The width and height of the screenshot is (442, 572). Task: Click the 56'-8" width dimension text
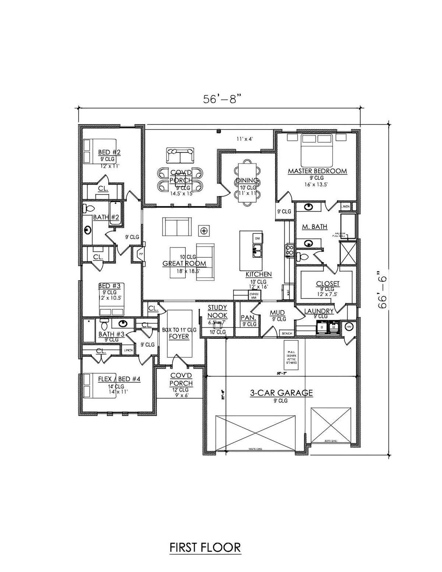[x=220, y=99]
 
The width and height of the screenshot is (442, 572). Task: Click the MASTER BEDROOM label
[x=317, y=171]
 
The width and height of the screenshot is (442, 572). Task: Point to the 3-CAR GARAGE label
[x=281, y=393]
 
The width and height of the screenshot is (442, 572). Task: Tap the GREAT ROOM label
[x=184, y=264]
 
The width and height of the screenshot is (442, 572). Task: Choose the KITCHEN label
[x=259, y=274]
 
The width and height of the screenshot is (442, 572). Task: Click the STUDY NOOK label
[x=217, y=312]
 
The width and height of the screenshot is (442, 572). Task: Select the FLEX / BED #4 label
[x=119, y=379]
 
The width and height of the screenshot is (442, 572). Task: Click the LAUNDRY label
[x=319, y=311]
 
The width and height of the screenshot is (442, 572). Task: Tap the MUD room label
[x=277, y=313]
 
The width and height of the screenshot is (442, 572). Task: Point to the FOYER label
[x=179, y=336]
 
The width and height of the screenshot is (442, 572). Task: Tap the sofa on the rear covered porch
[x=180, y=155]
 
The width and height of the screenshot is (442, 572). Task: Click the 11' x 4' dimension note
[x=243, y=139]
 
